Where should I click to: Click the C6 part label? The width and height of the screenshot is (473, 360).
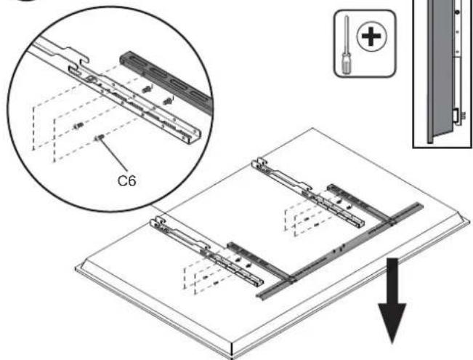(x=126, y=180)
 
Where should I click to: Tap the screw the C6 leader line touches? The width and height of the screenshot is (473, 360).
(x=100, y=137)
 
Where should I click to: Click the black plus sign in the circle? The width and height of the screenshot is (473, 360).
(x=371, y=36)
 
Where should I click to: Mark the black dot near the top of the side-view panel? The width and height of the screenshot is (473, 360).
(x=457, y=12)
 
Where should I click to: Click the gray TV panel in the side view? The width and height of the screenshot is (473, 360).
(x=441, y=70)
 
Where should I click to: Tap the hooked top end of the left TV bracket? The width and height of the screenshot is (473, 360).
(x=157, y=222)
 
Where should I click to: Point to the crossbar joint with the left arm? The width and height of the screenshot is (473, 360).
(x=292, y=279)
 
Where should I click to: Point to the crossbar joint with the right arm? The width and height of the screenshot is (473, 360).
(x=392, y=223)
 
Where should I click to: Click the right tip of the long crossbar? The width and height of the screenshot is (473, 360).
(x=421, y=205)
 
